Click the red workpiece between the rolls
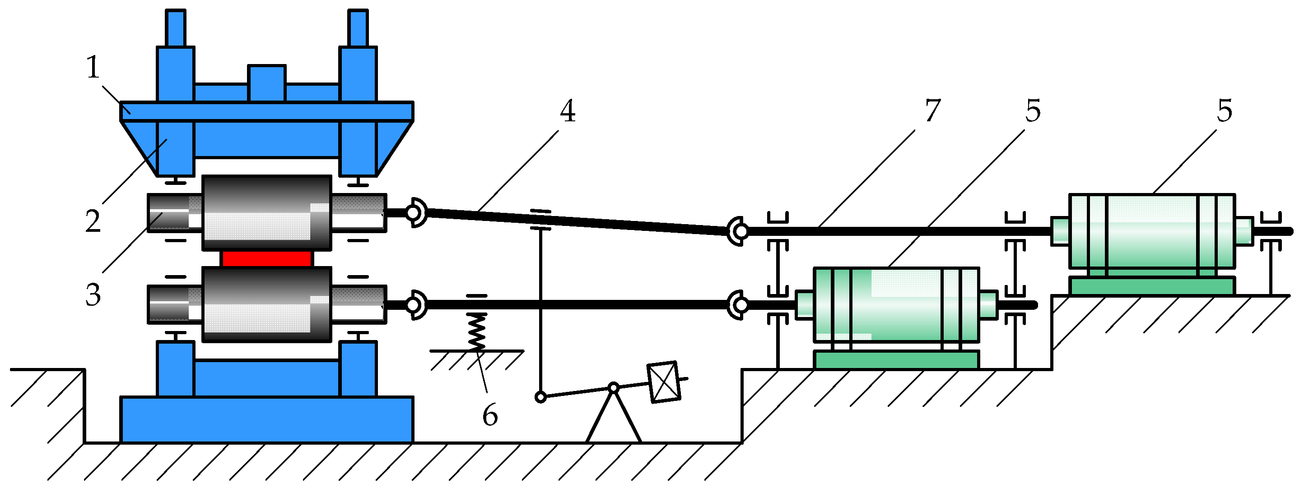coord(267,259)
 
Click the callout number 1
coord(93,68)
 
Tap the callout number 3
coord(93,295)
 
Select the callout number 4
coord(568,111)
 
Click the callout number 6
coord(489,416)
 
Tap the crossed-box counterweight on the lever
coord(663,382)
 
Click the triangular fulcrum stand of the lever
coord(614,420)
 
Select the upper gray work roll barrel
coord(267,212)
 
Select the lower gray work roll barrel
coord(267,304)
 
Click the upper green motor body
coord(1152,231)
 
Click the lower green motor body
coord(896,304)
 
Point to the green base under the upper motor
coord(1152,286)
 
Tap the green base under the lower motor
coord(896,360)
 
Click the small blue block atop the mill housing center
coord(267,83)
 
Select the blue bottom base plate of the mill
coord(267,420)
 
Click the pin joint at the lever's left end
coord(540,397)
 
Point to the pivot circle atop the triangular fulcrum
coord(614,388)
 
